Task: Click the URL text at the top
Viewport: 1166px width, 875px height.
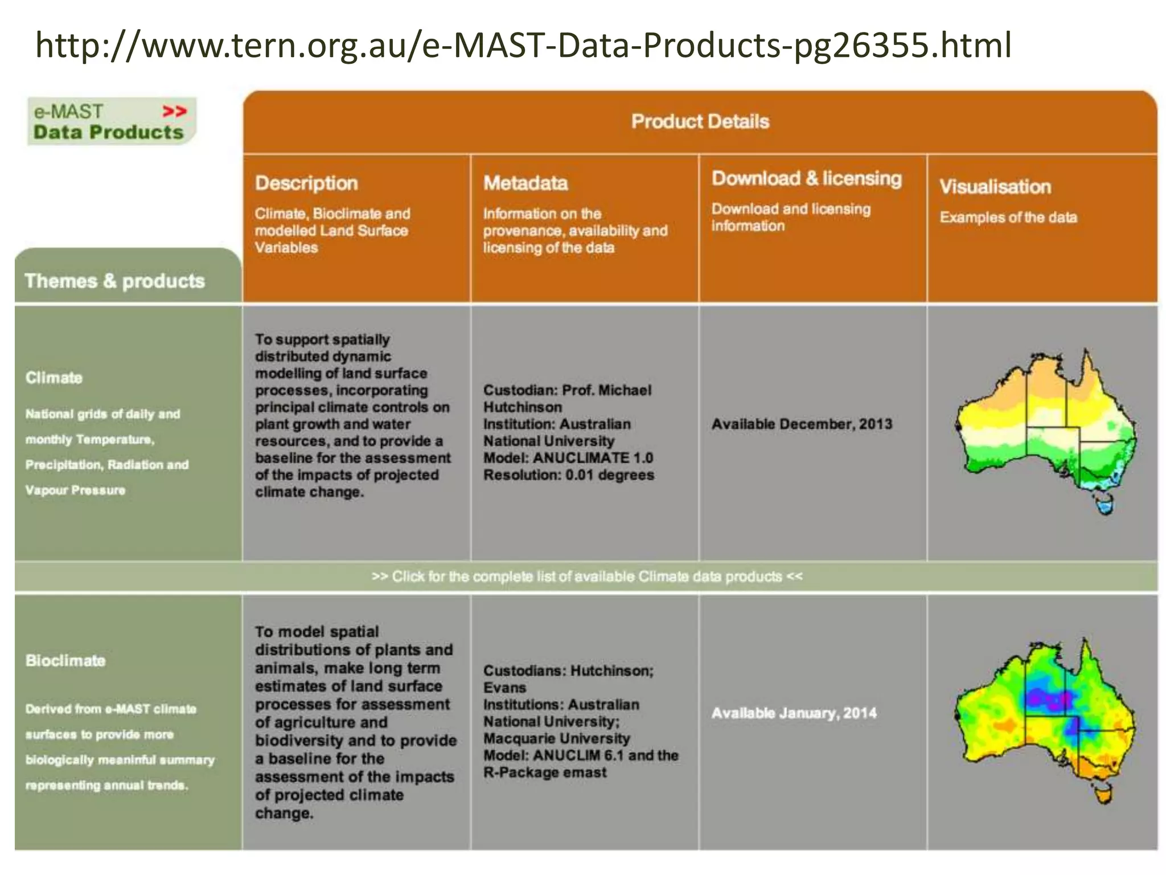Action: point(523,46)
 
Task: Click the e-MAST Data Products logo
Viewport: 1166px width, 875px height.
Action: point(111,121)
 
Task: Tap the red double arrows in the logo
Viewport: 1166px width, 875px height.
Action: point(174,111)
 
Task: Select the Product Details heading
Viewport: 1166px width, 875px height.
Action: point(700,121)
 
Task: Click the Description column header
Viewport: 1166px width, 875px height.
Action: point(306,183)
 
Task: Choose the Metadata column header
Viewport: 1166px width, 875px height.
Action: point(525,183)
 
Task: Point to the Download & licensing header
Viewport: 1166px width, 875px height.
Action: point(806,179)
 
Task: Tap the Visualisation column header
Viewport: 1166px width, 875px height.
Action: point(995,187)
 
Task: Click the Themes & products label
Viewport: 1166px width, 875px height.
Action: point(114,281)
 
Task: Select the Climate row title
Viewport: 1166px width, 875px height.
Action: point(54,378)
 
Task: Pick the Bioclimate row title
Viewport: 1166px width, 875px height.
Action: point(65,661)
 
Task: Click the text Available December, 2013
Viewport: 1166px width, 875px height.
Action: point(802,424)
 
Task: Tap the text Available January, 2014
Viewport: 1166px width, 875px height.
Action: point(794,713)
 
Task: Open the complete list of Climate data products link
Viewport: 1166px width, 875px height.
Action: point(587,576)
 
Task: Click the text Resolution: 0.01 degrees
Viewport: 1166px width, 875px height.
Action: point(568,475)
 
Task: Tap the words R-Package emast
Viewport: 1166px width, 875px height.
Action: point(545,772)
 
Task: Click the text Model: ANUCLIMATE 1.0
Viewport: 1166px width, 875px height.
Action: point(568,458)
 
